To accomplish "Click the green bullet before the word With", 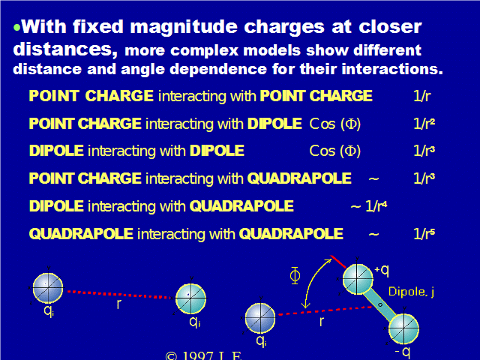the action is coord(16,28).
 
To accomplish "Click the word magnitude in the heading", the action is coord(184,27).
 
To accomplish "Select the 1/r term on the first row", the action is coord(421,96).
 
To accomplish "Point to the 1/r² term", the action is coord(424,124).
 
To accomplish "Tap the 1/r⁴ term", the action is coord(376,206).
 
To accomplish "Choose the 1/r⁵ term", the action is coord(424,234).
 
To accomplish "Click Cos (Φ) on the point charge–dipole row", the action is coord(335,124).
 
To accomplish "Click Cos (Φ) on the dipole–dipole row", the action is coord(335,151).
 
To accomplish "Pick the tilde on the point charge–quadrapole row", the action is coord(373,178).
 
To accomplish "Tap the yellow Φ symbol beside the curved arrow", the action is coord(295,275).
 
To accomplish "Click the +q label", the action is coord(382,270).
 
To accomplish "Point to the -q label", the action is coord(403,352).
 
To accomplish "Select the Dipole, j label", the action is coord(411,292).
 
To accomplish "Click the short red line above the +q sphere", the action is coord(338,262).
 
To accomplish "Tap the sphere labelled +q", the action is coord(358,279).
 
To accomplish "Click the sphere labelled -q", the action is coord(403,328).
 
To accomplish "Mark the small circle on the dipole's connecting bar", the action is coord(380,305).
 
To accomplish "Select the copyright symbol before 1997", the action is coord(171,356).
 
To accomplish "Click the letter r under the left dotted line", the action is coord(118,304).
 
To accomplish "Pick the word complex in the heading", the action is coord(204,51).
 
